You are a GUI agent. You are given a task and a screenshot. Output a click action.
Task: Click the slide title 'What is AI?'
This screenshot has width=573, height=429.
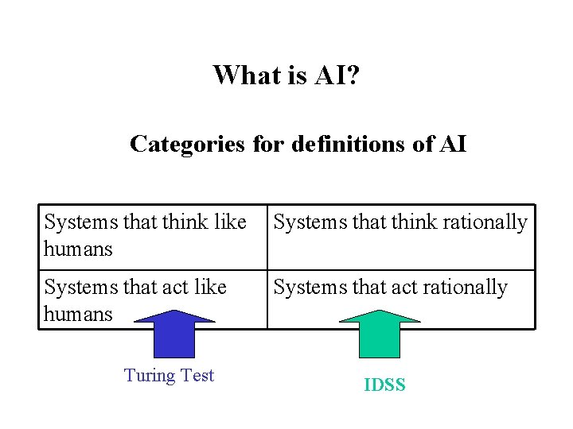pyautogui.click(x=286, y=75)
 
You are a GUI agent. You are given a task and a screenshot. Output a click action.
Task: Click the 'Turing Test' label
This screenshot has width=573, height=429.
pyautogui.click(x=169, y=376)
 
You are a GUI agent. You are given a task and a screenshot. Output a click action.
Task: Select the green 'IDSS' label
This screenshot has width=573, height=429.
pyautogui.click(x=384, y=385)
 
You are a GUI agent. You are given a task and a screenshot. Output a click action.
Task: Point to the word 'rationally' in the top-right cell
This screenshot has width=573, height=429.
pyautogui.click(x=485, y=222)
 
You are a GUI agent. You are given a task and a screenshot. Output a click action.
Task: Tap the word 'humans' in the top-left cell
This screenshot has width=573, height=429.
pyautogui.click(x=78, y=249)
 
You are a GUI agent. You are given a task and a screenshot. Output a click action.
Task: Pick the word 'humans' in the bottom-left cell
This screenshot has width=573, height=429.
pyautogui.click(x=78, y=313)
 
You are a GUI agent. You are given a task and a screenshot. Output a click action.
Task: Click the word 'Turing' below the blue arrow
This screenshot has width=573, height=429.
pyautogui.click(x=150, y=376)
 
